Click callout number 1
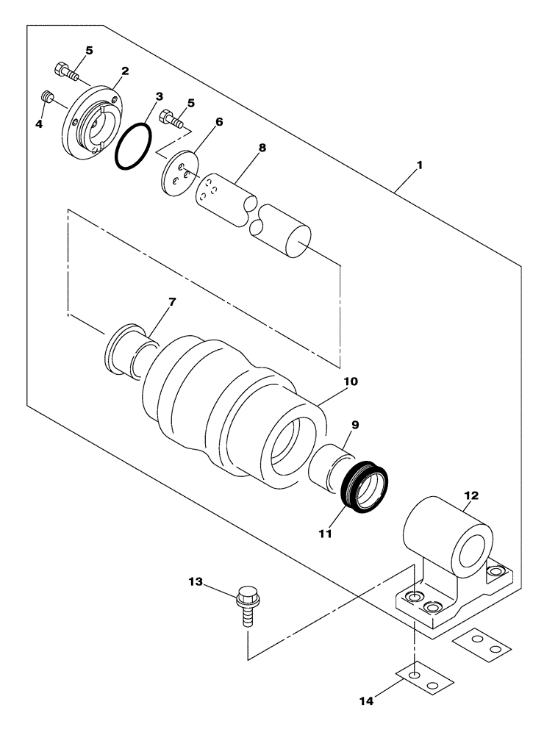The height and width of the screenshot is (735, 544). coord(418,167)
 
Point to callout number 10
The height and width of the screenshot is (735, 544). coord(351,381)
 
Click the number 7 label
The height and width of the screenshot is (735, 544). coord(172,303)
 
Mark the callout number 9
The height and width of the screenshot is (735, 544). coord(354,424)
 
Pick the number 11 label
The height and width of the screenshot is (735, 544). coord(324,533)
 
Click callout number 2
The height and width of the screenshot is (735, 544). coord(125,71)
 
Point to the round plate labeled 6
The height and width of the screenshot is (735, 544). coord(180,173)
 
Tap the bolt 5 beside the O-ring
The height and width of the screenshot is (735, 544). coord(171,117)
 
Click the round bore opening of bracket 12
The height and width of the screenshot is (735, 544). coord(472,551)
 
